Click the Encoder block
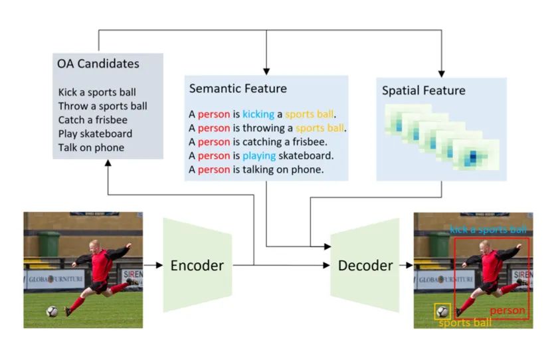pyautogui.click(x=197, y=266)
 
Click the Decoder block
pyautogui.click(x=365, y=266)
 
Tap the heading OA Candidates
pyautogui.click(x=98, y=64)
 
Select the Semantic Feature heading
pyautogui.click(x=238, y=88)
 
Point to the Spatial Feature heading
pyautogui.click(x=423, y=90)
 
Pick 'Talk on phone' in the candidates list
pyautogui.click(x=91, y=147)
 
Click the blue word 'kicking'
pyautogui.click(x=258, y=114)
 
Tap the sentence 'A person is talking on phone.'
pyautogui.click(x=256, y=169)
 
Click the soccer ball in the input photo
pyautogui.click(x=52, y=311)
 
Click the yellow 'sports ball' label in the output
pyautogui.click(x=465, y=323)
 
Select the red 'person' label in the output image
pyautogui.click(x=508, y=311)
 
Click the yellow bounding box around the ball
pyautogui.click(x=442, y=311)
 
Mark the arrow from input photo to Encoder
pyautogui.click(x=153, y=266)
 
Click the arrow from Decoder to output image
pyautogui.click(x=405, y=266)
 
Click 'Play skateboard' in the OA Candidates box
pyautogui.click(x=95, y=134)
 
